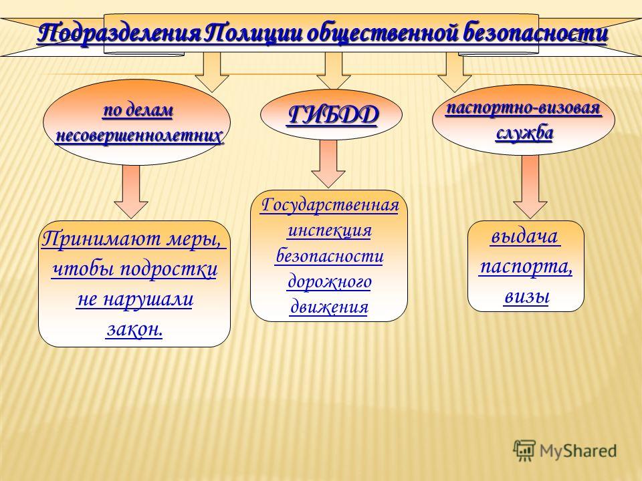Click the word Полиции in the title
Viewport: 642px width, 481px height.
[253, 33]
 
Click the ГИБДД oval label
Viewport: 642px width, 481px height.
[332, 115]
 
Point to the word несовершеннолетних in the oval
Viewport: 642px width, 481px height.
[139, 135]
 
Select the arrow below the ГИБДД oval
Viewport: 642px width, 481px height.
[328, 164]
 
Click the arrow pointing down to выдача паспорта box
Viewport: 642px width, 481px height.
[530, 186]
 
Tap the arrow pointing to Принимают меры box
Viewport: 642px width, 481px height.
[131, 192]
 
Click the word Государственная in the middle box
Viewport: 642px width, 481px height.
[330, 204]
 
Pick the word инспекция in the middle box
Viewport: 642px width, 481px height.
[330, 230]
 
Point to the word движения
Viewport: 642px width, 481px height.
[330, 307]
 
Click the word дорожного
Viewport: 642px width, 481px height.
[330, 281]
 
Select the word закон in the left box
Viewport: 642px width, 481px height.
[134, 329]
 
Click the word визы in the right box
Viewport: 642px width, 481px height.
[526, 296]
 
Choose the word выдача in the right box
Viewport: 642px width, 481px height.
[525, 236]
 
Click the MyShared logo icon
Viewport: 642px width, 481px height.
[524, 451]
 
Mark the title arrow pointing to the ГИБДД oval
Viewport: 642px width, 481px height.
[333, 71]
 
